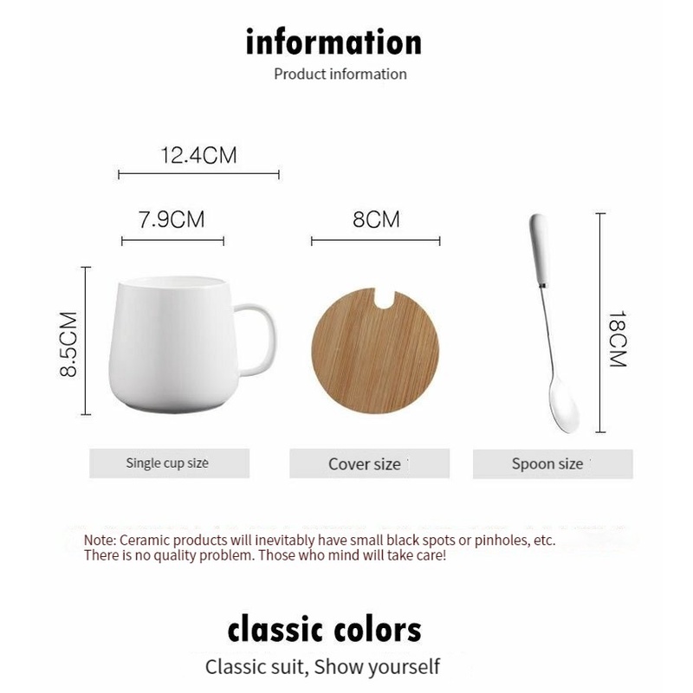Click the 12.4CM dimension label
click(199, 155)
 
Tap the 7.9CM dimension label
click(172, 220)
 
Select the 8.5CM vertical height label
click(68, 344)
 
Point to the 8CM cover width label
click(376, 219)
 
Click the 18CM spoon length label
click(618, 339)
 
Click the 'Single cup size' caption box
click(169, 463)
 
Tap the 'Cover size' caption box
click(370, 463)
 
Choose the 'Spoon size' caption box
click(553, 464)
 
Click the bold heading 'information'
click(334, 42)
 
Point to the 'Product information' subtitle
click(340, 74)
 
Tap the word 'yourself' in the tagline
click(404, 666)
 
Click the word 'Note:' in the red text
click(100, 540)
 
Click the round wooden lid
click(375, 351)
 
